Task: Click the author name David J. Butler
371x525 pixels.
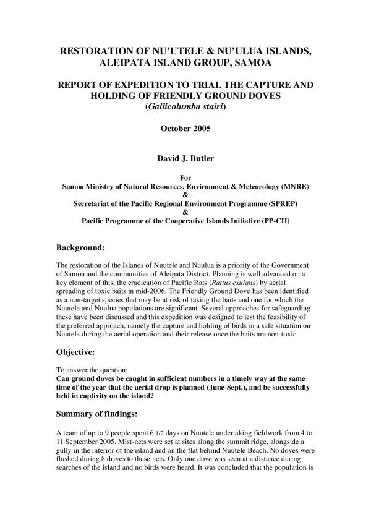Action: tap(185, 158)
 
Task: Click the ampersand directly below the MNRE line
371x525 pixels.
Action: tap(185, 194)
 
